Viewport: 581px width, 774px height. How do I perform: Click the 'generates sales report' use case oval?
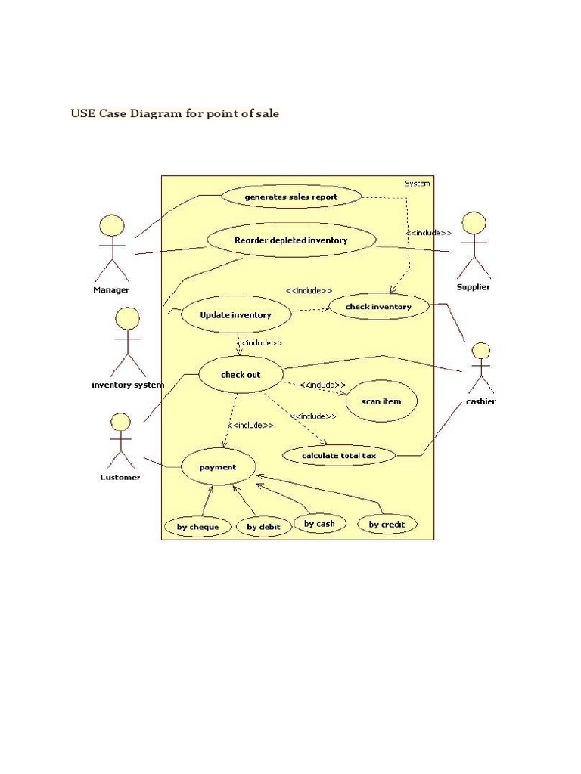pos(290,197)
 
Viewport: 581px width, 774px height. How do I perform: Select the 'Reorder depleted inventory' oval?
pos(290,240)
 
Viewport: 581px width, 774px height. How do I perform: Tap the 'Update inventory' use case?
pos(235,314)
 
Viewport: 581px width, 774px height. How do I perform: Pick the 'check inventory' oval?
pos(378,307)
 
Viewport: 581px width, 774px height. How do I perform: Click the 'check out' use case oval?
pos(241,374)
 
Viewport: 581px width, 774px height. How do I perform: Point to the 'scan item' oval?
pos(381,401)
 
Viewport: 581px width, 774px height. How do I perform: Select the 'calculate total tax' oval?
pos(338,455)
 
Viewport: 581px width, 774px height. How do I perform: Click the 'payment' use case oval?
pos(218,467)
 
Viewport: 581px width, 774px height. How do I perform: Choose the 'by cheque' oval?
pos(197,527)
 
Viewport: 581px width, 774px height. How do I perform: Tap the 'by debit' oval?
pos(263,527)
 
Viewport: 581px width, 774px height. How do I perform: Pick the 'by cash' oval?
pos(319,523)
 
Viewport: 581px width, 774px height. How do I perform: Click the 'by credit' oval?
pos(387,524)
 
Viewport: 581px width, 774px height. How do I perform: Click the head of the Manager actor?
pos(112,225)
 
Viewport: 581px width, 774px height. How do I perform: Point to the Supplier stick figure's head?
pos(474,223)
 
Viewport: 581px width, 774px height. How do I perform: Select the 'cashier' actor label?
pos(480,401)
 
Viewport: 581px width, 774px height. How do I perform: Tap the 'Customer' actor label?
pos(120,477)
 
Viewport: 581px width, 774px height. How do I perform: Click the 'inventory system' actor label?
pos(128,385)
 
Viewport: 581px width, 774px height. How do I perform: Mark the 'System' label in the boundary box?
pos(417,183)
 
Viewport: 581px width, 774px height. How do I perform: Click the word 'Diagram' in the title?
pos(154,114)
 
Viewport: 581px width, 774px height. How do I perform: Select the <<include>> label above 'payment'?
pos(252,425)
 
